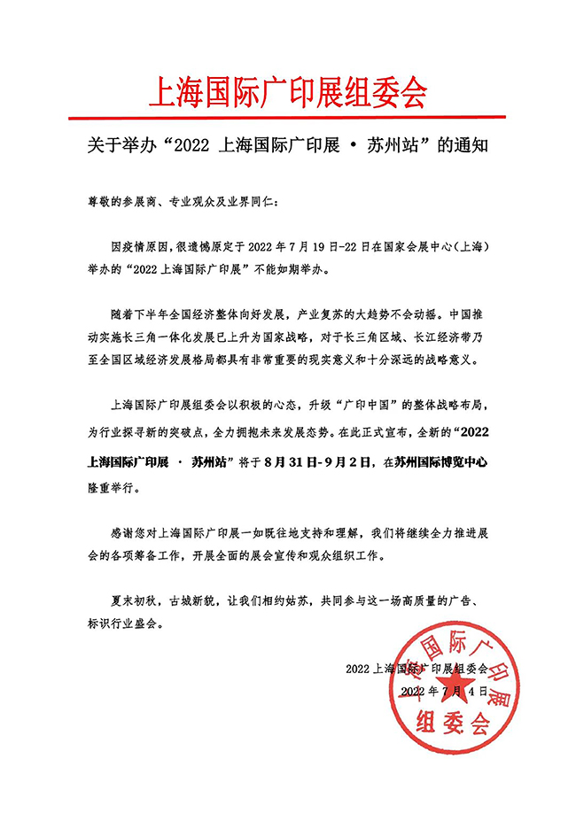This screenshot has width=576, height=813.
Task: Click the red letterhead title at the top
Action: tap(287, 90)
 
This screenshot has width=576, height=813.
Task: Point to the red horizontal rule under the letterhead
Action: tap(287, 117)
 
